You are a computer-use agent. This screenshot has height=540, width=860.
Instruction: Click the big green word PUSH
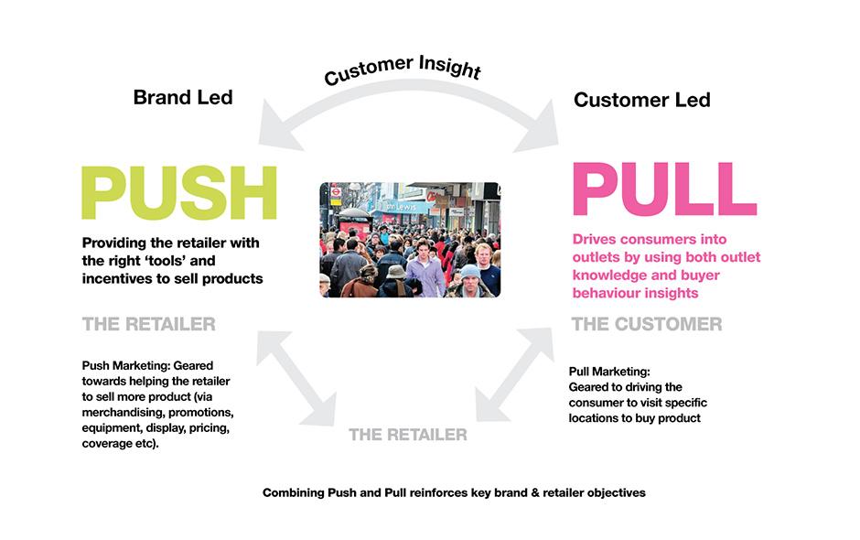(x=179, y=192)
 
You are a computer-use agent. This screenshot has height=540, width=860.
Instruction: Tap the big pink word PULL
(x=665, y=189)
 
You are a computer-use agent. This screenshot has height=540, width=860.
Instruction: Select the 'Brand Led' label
(x=183, y=97)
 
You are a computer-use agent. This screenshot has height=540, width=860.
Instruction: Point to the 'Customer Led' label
(x=641, y=100)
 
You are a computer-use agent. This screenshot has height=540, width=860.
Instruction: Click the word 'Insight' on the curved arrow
(x=450, y=67)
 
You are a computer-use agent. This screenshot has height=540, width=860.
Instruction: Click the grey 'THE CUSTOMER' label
(x=647, y=324)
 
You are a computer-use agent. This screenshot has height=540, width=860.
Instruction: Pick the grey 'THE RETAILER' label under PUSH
(x=148, y=324)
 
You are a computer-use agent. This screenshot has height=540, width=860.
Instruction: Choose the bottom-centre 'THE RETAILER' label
(x=408, y=435)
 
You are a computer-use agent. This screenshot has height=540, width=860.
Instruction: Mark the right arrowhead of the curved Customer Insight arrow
(x=539, y=129)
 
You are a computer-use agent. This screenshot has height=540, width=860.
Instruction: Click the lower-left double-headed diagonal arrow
(x=296, y=378)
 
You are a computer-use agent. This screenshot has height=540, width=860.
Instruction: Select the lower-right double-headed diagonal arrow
(x=513, y=375)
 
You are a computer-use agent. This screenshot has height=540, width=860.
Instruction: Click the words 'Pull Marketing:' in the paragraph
(x=609, y=372)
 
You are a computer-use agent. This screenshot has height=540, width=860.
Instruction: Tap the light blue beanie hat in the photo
(x=470, y=272)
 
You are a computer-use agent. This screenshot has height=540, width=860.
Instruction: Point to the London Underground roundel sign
(x=336, y=192)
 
